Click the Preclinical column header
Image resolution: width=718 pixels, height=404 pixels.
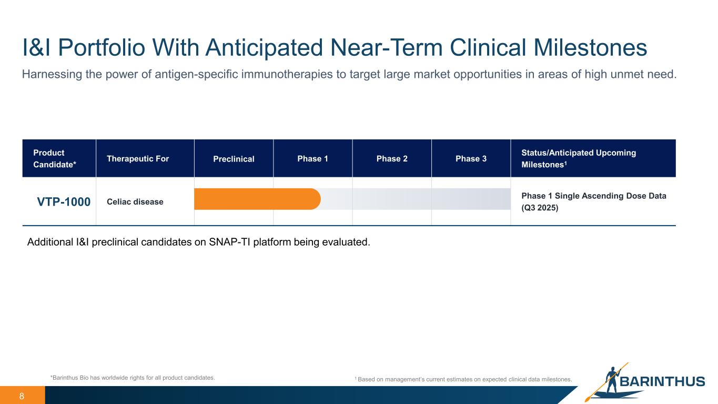point(234,159)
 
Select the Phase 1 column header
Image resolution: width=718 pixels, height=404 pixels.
point(312,158)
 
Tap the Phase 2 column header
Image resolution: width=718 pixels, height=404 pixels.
point(392,158)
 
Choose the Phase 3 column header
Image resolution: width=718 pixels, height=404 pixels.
point(471,158)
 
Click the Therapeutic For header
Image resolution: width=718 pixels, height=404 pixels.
point(138,158)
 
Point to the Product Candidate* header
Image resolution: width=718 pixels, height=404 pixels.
point(55,158)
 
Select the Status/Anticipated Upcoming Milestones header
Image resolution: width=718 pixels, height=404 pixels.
point(579,158)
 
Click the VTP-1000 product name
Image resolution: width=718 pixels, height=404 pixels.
point(64,201)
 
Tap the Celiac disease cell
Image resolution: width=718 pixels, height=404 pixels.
point(135,201)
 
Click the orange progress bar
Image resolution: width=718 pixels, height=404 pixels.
point(257,199)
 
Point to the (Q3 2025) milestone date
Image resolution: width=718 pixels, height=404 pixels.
point(540,208)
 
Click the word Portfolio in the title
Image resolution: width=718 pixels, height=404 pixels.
point(102,47)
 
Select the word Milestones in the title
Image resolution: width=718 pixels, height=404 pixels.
point(590,47)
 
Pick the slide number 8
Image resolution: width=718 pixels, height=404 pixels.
point(22,396)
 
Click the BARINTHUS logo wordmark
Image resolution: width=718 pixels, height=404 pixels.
point(662,381)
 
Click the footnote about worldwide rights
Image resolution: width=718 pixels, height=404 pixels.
point(133,378)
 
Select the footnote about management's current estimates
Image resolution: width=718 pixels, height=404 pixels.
point(463,379)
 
